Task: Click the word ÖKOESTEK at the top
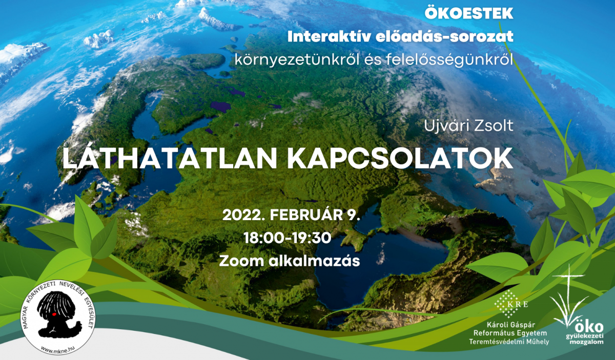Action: coord(469,13)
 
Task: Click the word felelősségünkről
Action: coord(450,60)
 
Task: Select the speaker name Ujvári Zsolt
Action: coord(468,126)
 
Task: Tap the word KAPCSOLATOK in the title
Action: coord(400,159)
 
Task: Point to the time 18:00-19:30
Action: coord(287,238)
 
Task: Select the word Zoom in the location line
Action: coord(241,261)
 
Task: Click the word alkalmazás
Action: coord(314,261)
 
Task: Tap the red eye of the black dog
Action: coord(54,313)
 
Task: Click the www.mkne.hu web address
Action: coord(58,348)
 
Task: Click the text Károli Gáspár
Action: coord(511,325)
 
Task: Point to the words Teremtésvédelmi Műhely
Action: coord(509,342)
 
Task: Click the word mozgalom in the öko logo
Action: coord(586,342)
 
